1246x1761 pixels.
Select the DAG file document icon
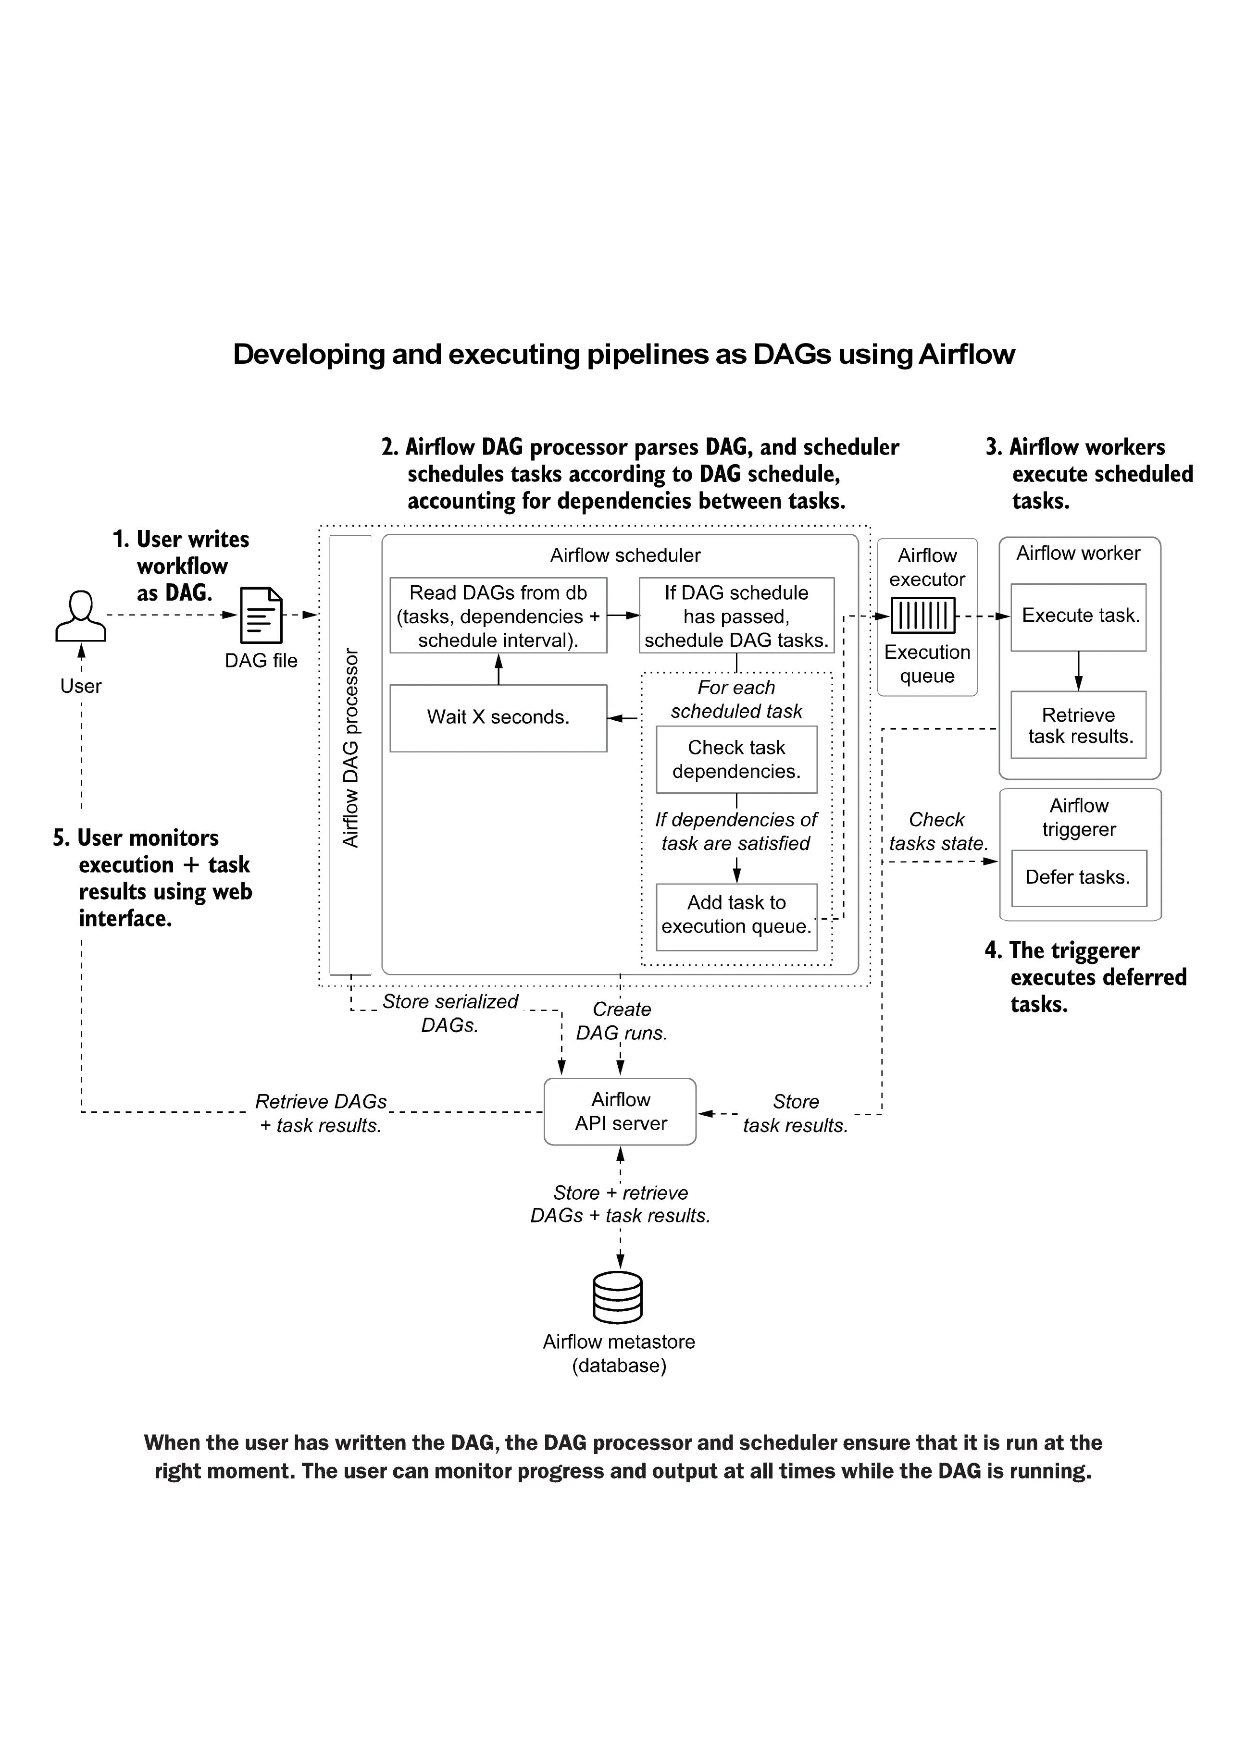tap(261, 615)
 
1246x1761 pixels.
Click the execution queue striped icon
tap(923, 615)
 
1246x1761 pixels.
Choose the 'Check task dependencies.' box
tap(736, 759)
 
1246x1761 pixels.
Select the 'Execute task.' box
tap(1079, 616)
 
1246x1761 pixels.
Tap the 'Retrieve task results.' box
tap(1079, 726)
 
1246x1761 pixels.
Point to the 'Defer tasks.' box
tap(1079, 877)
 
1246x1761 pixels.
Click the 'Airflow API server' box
tap(620, 1112)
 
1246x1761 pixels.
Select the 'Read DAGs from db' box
tap(498, 616)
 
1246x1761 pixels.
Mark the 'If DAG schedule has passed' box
tap(736, 616)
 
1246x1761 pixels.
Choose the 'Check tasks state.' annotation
tap(937, 831)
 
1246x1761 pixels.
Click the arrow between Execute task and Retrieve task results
tap(1079, 671)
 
